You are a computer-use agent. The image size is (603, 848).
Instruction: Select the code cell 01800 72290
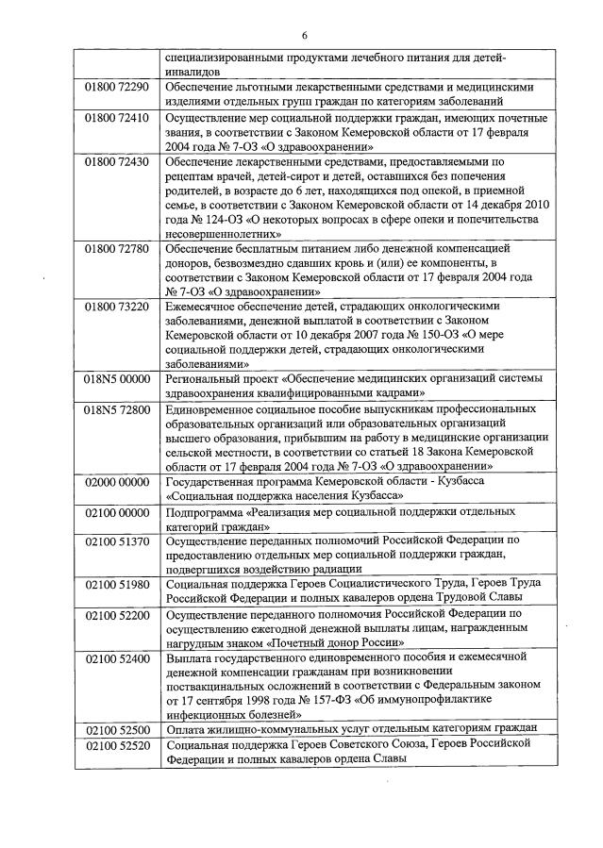(117, 87)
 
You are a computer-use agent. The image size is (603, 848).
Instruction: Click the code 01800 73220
(117, 307)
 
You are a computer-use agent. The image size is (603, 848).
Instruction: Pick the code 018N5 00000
(117, 378)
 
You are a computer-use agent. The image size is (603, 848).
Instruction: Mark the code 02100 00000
(117, 512)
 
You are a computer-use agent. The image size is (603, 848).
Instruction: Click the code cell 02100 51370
(117, 541)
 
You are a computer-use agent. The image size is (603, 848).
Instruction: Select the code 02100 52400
(117, 657)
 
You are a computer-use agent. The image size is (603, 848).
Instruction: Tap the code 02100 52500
(117, 729)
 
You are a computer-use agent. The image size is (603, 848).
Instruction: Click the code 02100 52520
(117, 744)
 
